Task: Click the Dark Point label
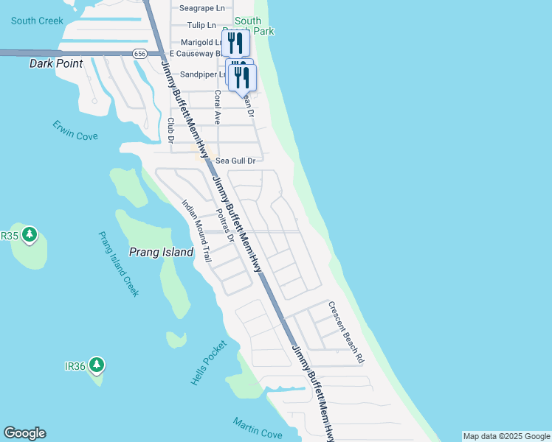click(56, 63)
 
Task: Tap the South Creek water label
click(37, 21)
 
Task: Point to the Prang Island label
click(161, 252)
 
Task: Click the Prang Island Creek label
click(119, 264)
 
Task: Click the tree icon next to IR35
click(30, 235)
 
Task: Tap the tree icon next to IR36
click(97, 365)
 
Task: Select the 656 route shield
click(140, 54)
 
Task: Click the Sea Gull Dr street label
click(235, 161)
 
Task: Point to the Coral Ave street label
click(218, 108)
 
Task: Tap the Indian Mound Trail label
click(197, 233)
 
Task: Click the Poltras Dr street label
click(225, 226)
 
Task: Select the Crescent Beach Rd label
click(346, 331)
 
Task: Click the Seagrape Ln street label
click(203, 8)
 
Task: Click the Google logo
click(24, 433)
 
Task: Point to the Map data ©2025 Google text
click(506, 436)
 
